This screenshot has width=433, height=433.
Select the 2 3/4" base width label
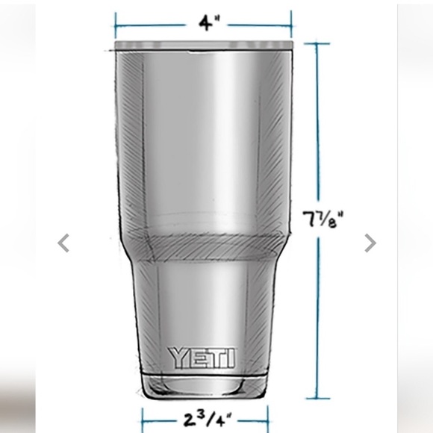[205, 418]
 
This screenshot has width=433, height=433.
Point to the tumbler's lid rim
[204, 46]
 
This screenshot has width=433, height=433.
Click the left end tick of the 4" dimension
[116, 24]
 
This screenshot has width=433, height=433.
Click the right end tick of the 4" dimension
[290, 24]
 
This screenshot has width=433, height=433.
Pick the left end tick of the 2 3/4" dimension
[143, 418]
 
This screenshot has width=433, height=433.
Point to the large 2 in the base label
[189, 419]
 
